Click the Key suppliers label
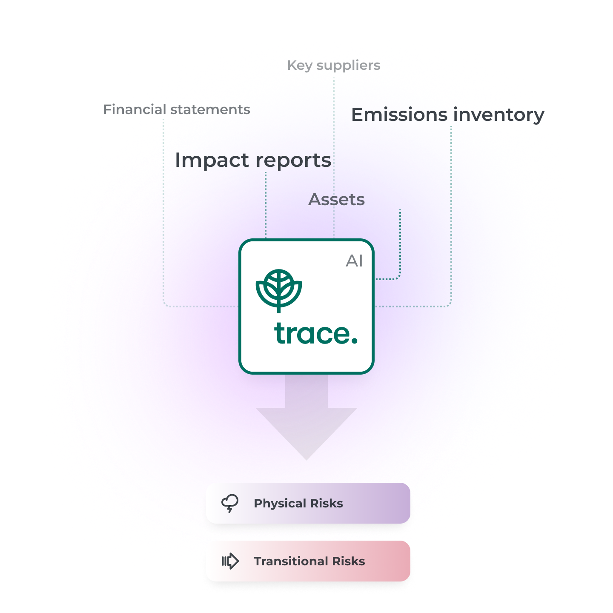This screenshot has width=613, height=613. tap(334, 65)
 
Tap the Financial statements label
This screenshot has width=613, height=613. tap(177, 109)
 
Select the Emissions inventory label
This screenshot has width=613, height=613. tap(447, 115)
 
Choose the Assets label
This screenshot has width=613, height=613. tap(336, 199)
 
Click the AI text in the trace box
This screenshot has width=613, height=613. tap(354, 261)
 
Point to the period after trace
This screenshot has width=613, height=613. tap(354, 340)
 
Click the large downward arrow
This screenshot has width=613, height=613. tap(306, 421)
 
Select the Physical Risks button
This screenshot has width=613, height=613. tap(308, 503)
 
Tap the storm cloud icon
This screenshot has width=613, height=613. tap(230, 503)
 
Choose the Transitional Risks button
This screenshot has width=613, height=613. tap(308, 561)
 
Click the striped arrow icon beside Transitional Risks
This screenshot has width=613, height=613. tap(230, 561)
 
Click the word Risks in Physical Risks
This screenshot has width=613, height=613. tap(326, 503)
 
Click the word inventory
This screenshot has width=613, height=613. tap(498, 115)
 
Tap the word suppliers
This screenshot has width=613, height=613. tap(348, 65)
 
